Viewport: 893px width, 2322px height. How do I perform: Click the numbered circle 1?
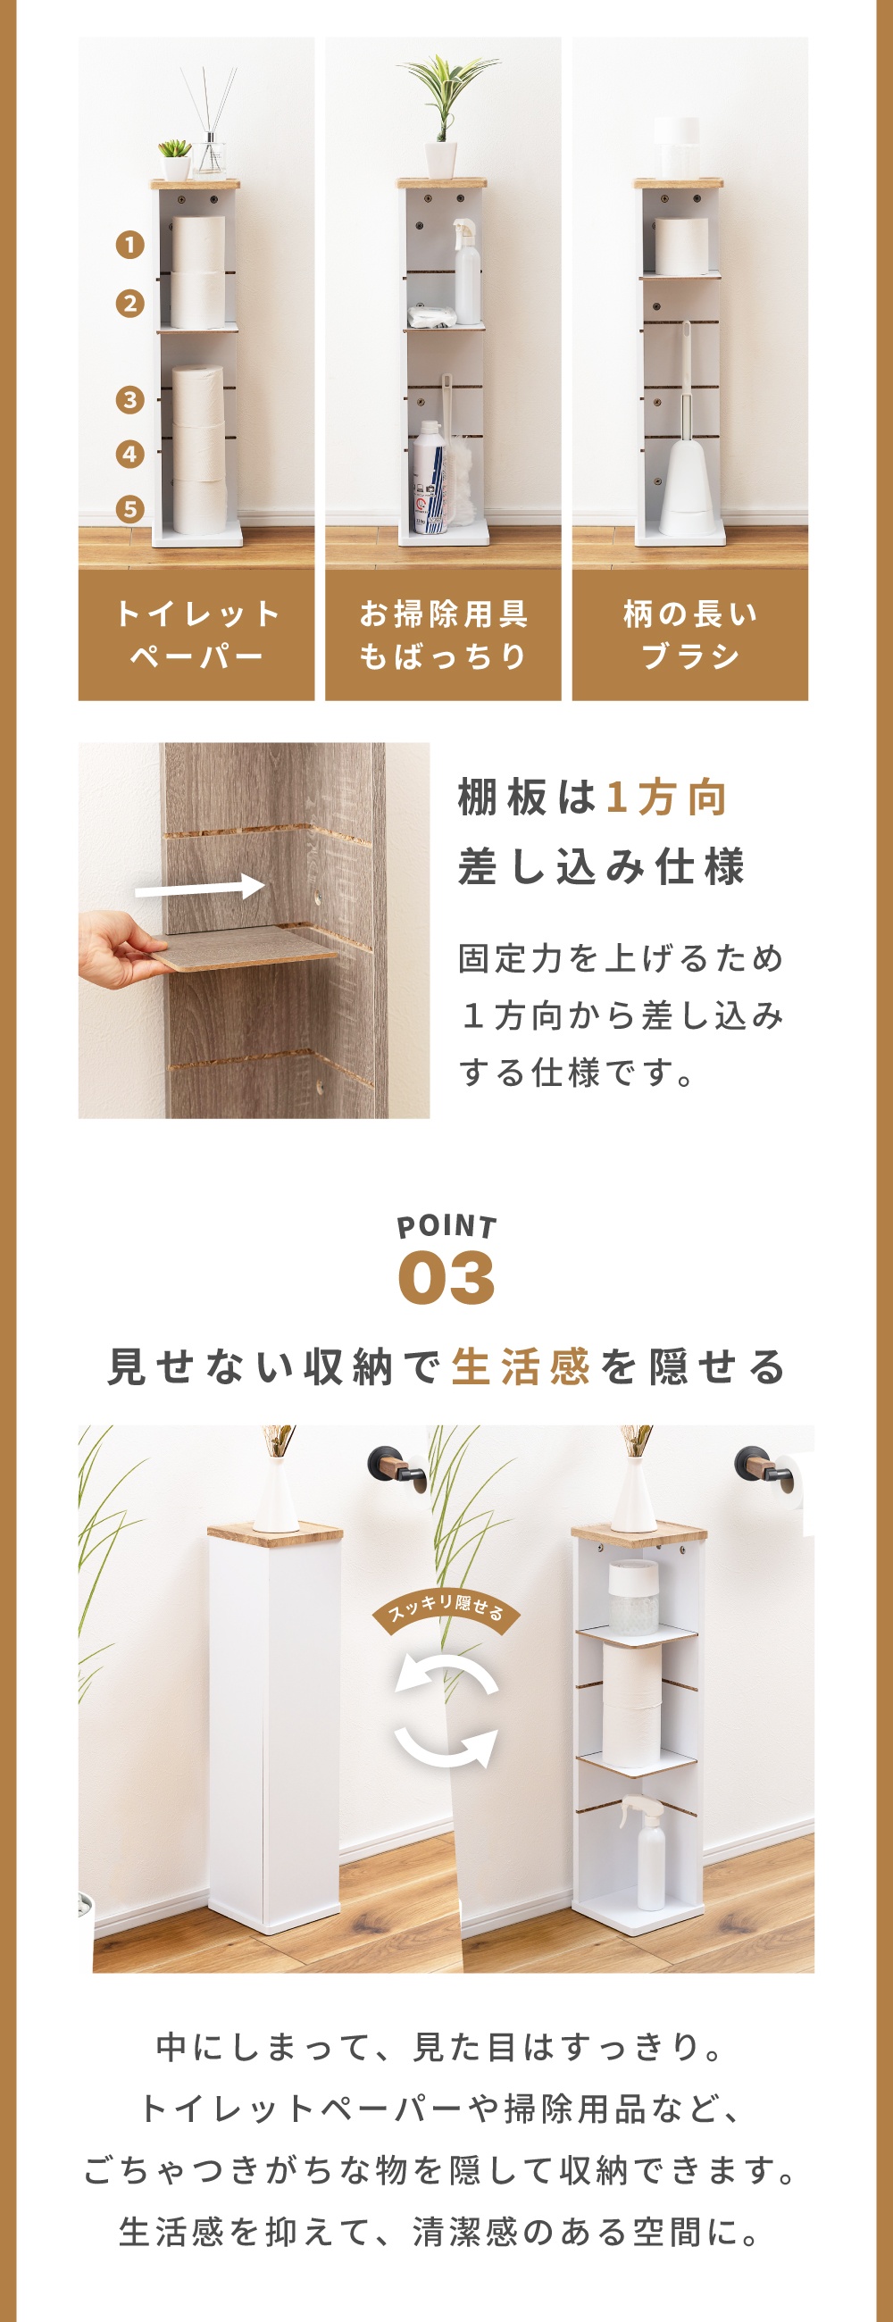pos(129,246)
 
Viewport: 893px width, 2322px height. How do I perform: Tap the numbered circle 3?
pos(129,399)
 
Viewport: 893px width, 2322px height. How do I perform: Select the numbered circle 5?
pos(129,509)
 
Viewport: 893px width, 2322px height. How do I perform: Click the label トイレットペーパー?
pos(196,635)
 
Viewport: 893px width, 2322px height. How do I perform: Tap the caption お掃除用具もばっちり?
pos(443,635)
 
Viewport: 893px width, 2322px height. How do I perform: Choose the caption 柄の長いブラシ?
pos(690,635)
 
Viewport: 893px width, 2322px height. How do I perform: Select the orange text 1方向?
pos(666,798)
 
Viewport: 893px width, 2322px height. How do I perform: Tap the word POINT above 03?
pos(447,1227)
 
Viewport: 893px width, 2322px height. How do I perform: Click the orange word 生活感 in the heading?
pos(520,1366)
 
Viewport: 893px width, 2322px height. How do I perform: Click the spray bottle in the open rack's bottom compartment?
pos(651,1851)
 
